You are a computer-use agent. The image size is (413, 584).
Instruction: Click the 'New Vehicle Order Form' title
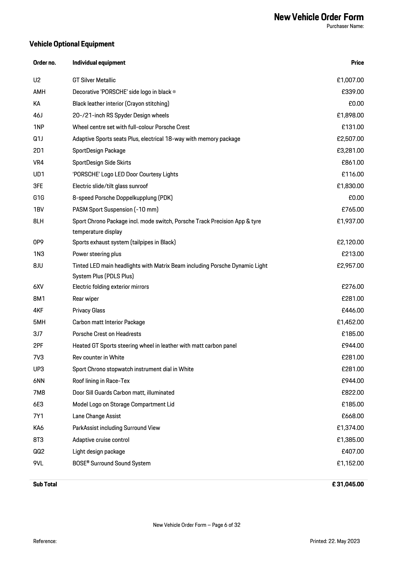tap(319, 17)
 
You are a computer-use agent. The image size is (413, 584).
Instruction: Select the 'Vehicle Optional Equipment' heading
tap(72, 44)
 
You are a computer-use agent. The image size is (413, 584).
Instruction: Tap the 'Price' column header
tap(357, 63)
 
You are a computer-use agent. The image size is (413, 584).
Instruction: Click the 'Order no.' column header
tap(44, 63)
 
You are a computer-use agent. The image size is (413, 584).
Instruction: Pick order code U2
tap(37, 80)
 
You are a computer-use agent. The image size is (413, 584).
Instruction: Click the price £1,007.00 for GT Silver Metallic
tap(350, 80)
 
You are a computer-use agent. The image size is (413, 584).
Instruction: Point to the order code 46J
tap(38, 115)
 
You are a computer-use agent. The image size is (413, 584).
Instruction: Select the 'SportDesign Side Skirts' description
tap(102, 163)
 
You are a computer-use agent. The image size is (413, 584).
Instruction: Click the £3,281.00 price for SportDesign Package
tap(350, 151)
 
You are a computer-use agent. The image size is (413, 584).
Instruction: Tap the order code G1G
tap(39, 198)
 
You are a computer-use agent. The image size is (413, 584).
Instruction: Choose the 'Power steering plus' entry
tap(97, 254)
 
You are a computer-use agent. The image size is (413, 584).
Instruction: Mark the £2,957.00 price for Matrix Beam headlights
tap(350, 266)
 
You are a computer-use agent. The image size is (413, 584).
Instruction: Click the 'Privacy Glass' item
tap(89, 310)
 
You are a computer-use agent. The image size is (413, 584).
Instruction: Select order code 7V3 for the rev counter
tap(38, 357)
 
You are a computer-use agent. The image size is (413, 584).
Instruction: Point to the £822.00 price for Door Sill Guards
tap(353, 393)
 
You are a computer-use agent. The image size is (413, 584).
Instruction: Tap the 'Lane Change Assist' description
tap(97, 416)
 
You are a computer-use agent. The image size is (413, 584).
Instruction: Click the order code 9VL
tap(38, 463)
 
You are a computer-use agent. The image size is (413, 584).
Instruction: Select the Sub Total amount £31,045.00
tap(348, 484)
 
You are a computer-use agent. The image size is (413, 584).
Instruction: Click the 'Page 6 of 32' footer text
tap(226, 525)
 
